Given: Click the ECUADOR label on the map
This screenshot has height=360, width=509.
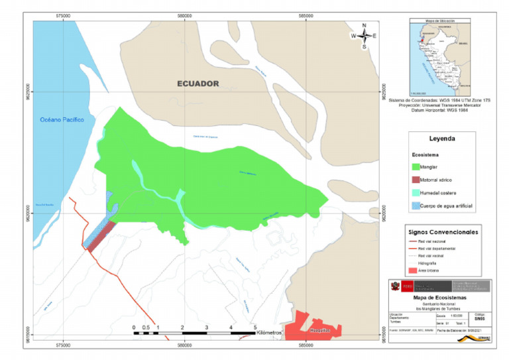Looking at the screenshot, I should point(197,84).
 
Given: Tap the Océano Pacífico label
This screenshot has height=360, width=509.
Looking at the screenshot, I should point(60,120).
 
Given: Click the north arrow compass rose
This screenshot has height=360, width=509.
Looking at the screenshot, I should point(364,36).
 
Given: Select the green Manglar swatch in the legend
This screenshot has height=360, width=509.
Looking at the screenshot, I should point(418,167).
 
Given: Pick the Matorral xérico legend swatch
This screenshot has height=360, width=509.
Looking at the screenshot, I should point(418,180).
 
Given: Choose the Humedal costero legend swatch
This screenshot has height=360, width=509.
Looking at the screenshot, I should point(418,193).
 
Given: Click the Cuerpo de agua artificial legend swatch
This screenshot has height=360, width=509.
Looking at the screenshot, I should point(418,206).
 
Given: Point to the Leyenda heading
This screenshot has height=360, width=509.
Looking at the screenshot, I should point(442,140).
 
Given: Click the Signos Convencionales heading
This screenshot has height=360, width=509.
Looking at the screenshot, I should point(442,231).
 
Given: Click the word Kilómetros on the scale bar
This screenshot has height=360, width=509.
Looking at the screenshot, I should point(270,332).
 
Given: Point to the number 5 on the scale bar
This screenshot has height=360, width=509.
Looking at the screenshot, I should point(255,327).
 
